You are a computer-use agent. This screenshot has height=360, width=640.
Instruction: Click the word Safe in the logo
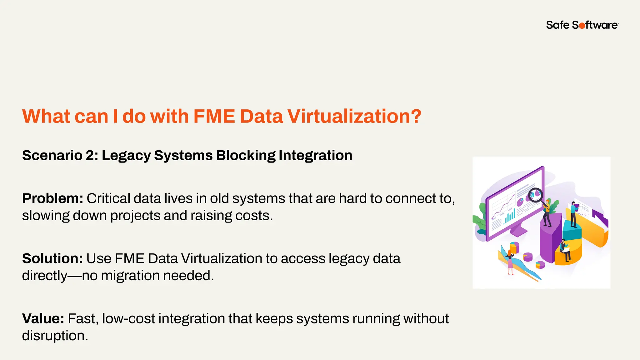[558, 25]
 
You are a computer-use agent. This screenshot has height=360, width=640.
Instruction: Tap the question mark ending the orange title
[415, 116]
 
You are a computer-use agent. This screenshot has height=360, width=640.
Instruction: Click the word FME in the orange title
[214, 116]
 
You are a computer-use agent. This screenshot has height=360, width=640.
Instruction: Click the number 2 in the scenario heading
[90, 156]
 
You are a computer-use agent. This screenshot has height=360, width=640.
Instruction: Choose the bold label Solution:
[52, 258]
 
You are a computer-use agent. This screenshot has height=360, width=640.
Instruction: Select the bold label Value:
[43, 318]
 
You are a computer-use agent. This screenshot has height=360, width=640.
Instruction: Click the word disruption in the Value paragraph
[55, 336]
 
